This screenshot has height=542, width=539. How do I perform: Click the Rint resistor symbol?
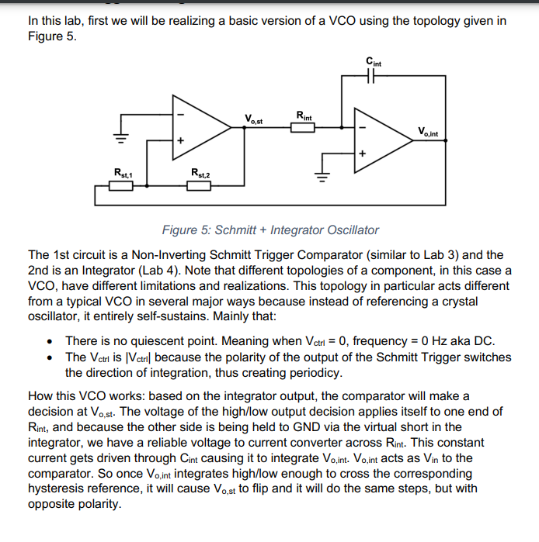point(303,127)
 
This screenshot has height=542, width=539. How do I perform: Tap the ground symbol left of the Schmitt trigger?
point(120,138)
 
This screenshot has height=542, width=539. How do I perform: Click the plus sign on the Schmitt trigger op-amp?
point(180,141)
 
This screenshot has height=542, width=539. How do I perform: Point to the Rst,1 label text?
point(123,172)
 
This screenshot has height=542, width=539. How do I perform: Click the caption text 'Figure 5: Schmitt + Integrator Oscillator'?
point(269,230)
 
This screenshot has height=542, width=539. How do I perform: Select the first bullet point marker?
point(50,341)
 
